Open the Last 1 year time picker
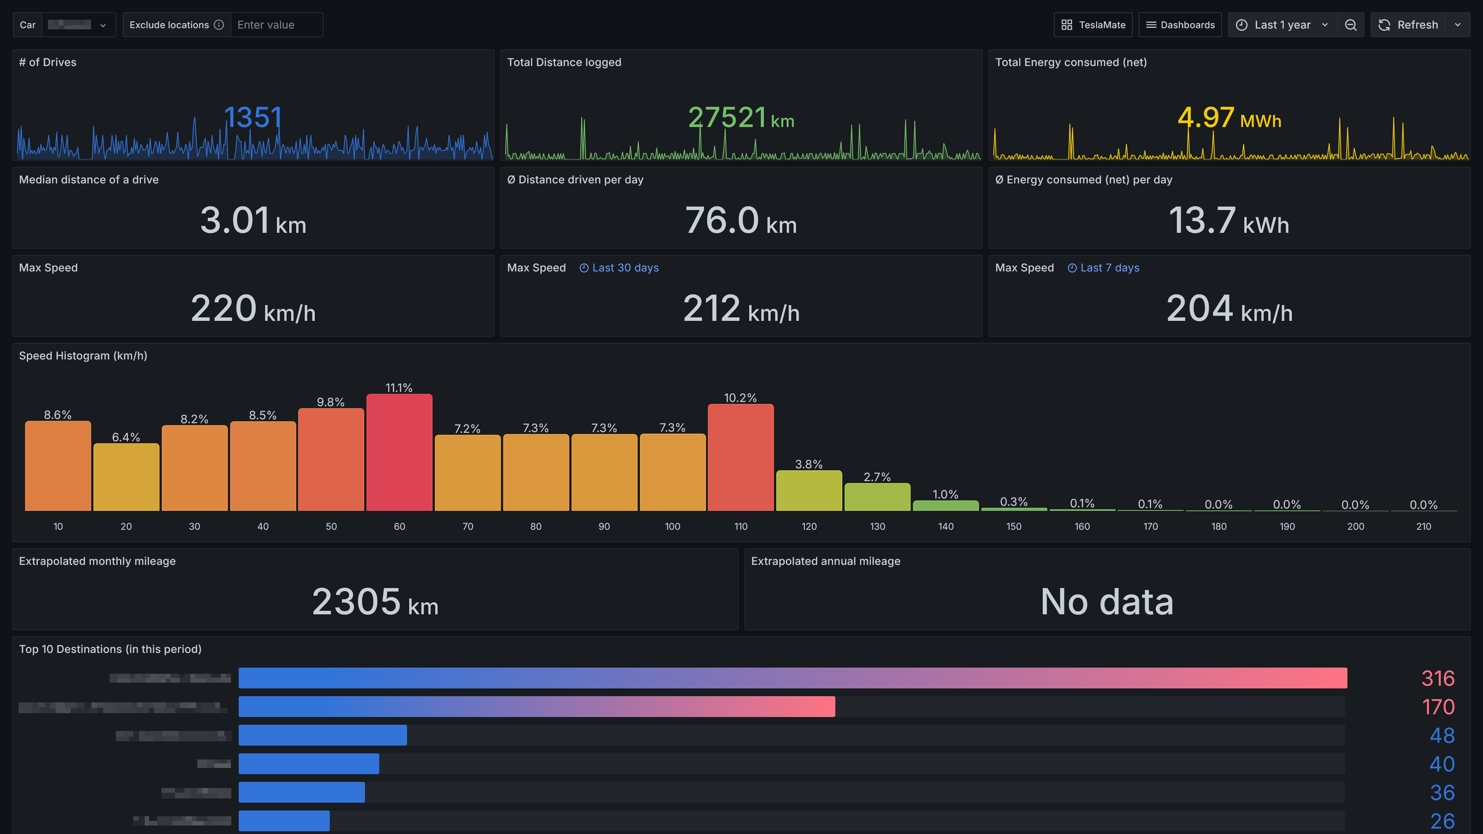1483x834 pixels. (1282, 25)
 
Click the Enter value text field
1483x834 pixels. (277, 25)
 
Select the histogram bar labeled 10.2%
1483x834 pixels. (740, 458)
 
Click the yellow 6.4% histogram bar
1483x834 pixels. (126, 477)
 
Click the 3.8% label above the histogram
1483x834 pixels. (808, 464)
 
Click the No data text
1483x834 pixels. (1106, 602)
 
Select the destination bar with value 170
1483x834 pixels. (536, 706)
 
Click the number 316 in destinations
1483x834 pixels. (1437, 678)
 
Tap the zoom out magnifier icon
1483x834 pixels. (1351, 25)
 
